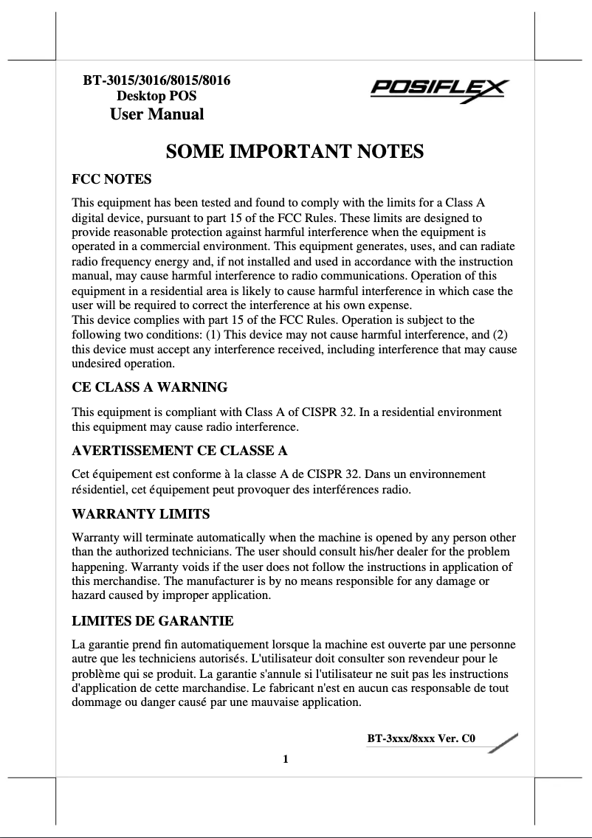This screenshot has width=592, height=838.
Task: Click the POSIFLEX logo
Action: (438, 92)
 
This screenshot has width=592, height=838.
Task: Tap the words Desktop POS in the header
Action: (156, 96)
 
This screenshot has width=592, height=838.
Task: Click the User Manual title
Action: (156, 114)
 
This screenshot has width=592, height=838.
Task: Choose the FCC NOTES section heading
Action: (111, 179)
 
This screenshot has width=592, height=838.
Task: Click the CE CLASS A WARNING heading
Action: (149, 387)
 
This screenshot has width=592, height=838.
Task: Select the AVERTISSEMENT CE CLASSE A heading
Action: (179, 450)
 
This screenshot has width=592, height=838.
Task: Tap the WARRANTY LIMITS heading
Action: (141, 513)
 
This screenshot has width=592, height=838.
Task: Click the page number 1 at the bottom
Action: (285, 759)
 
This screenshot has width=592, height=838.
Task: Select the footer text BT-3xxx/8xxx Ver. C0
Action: (421, 738)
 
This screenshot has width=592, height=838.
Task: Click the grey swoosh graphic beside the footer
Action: (502, 741)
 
